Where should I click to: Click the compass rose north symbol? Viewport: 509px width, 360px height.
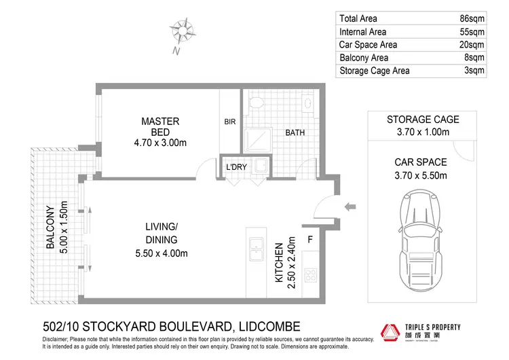coord(181,31)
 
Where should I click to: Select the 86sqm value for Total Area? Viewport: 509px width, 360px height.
coord(472,19)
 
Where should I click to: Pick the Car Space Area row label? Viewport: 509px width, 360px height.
coord(369,45)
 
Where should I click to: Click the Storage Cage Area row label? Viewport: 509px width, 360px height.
coord(375,71)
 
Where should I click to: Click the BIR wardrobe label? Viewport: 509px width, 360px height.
coord(229,123)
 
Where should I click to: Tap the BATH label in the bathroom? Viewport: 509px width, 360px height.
coord(295,132)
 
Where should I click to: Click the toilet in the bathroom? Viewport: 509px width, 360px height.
coord(257,103)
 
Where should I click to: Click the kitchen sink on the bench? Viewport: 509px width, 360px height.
coord(257,247)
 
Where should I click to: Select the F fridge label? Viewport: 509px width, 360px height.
coord(311,239)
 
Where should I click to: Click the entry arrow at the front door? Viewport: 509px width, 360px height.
coord(351,206)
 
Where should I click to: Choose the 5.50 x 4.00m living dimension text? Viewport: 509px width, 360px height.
coord(161,253)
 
